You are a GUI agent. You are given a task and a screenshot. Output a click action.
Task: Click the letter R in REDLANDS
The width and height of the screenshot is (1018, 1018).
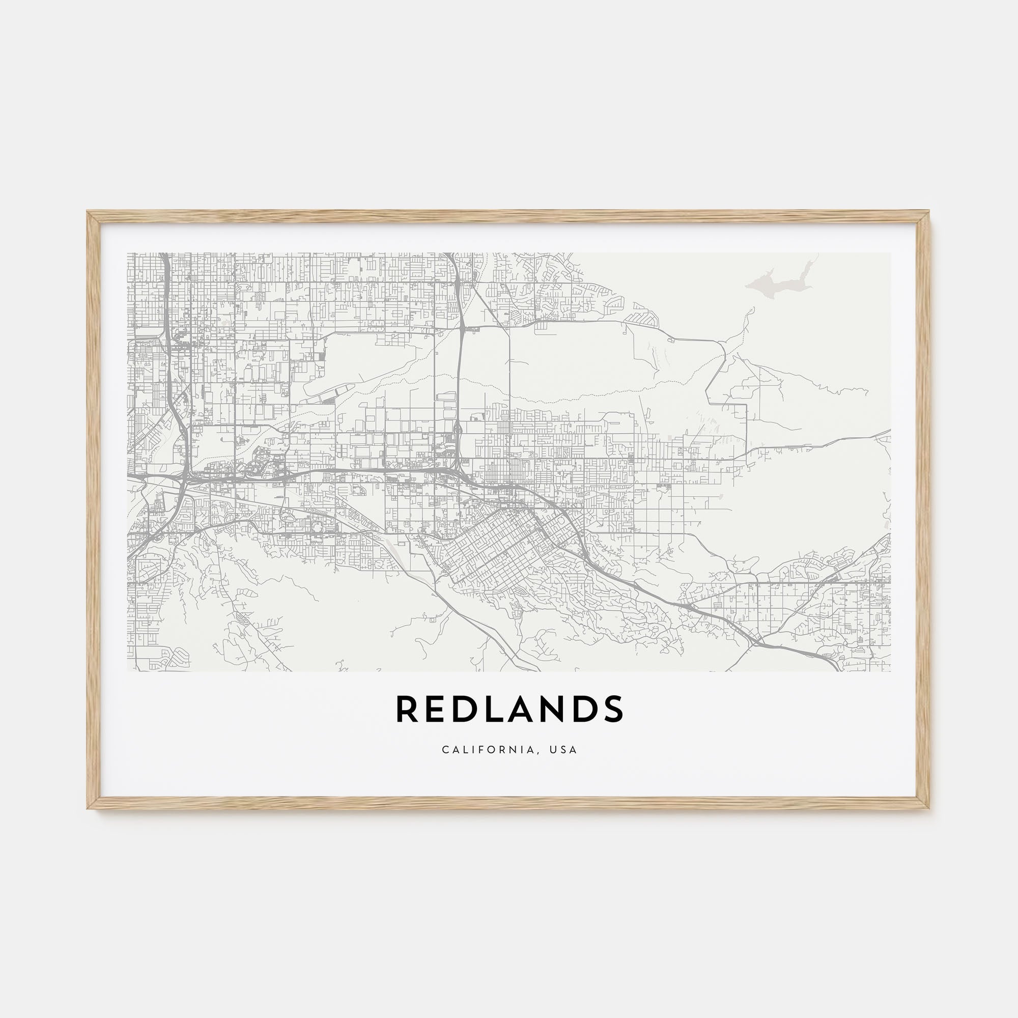click(406, 709)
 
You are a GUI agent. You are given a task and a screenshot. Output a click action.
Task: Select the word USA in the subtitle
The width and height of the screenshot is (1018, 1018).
click(563, 750)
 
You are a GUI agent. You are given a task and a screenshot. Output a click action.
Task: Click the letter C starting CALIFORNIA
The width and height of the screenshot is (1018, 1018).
click(445, 750)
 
